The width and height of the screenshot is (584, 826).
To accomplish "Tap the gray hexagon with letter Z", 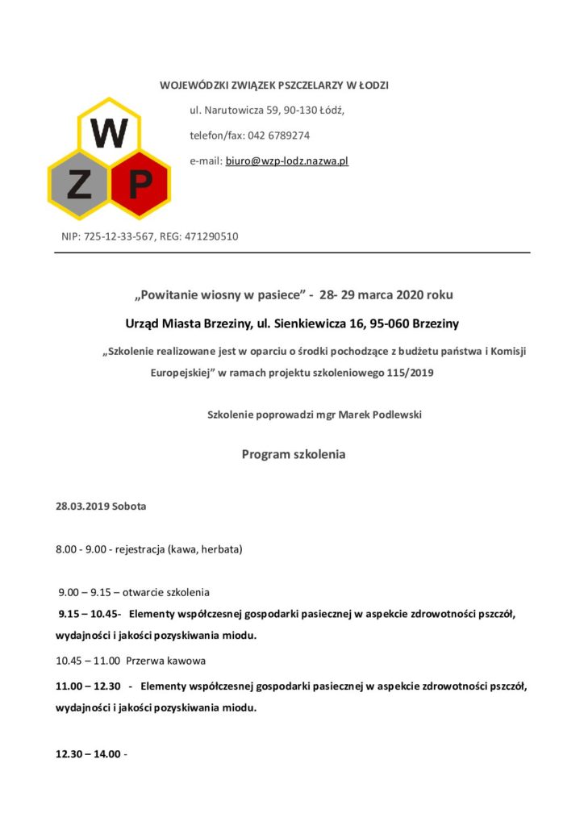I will pos(79,186).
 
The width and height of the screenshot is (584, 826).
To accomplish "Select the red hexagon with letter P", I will pos(139,186).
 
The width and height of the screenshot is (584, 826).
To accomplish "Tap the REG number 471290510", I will pos(211,236).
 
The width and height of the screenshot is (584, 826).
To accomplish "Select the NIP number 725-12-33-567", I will pos(119,236).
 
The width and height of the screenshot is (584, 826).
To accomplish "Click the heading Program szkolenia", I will pos(293,454).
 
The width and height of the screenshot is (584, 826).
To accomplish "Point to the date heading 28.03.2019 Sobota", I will pos(101,507).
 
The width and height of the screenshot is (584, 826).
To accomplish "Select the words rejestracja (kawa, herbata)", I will pos(181,549).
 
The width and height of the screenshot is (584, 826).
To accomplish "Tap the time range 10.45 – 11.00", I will pos(86,661).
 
